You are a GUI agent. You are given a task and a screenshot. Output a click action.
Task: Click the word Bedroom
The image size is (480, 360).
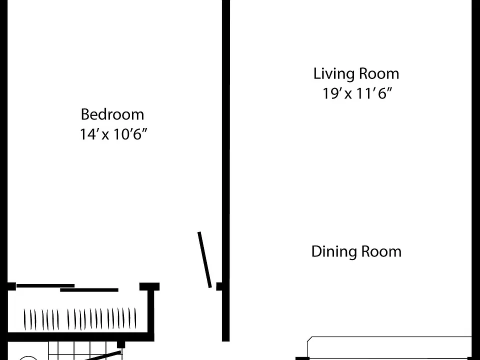click(x=112, y=114)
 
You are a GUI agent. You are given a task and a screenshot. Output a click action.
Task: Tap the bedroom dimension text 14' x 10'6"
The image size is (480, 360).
click(x=113, y=134)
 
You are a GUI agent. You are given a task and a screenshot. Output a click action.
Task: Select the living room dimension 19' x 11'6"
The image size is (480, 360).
click(x=357, y=93)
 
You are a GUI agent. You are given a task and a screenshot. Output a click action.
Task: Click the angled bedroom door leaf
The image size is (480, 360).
click(x=205, y=259)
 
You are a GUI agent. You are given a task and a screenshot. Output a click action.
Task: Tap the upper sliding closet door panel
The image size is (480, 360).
click(x=45, y=285)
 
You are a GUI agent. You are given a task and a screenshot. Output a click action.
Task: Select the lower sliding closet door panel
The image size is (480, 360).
click(x=89, y=290)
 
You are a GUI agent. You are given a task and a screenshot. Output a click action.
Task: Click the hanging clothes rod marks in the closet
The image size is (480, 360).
click(x=80, y=319)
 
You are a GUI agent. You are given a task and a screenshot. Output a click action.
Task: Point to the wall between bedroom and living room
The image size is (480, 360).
click(x=225, y=170)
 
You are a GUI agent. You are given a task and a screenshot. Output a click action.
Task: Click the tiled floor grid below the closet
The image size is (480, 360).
click(x=84, y=350)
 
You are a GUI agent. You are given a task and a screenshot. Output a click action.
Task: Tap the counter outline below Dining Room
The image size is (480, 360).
click(x=389, y=348)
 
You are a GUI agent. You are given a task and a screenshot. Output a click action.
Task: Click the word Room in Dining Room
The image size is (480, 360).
click(x=381, y=251)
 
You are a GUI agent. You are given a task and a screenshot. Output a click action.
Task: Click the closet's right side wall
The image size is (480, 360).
click(x=151, y=312)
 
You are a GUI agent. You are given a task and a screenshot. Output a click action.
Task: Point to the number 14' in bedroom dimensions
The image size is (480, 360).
click(x=88, y=134)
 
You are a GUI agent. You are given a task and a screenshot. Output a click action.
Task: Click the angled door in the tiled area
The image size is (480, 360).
click(x=102, y=356)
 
